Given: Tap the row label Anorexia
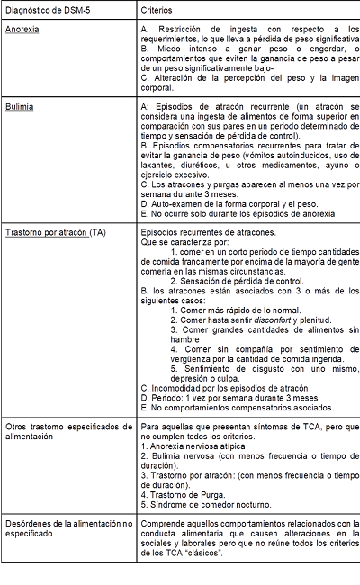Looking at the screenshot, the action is (x=22, y=31).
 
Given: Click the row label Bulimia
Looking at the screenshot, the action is (x=19, y=106).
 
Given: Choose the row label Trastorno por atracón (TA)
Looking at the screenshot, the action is (x=55, y=232).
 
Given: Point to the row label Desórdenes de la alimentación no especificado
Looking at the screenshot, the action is (x=67, y=529).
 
